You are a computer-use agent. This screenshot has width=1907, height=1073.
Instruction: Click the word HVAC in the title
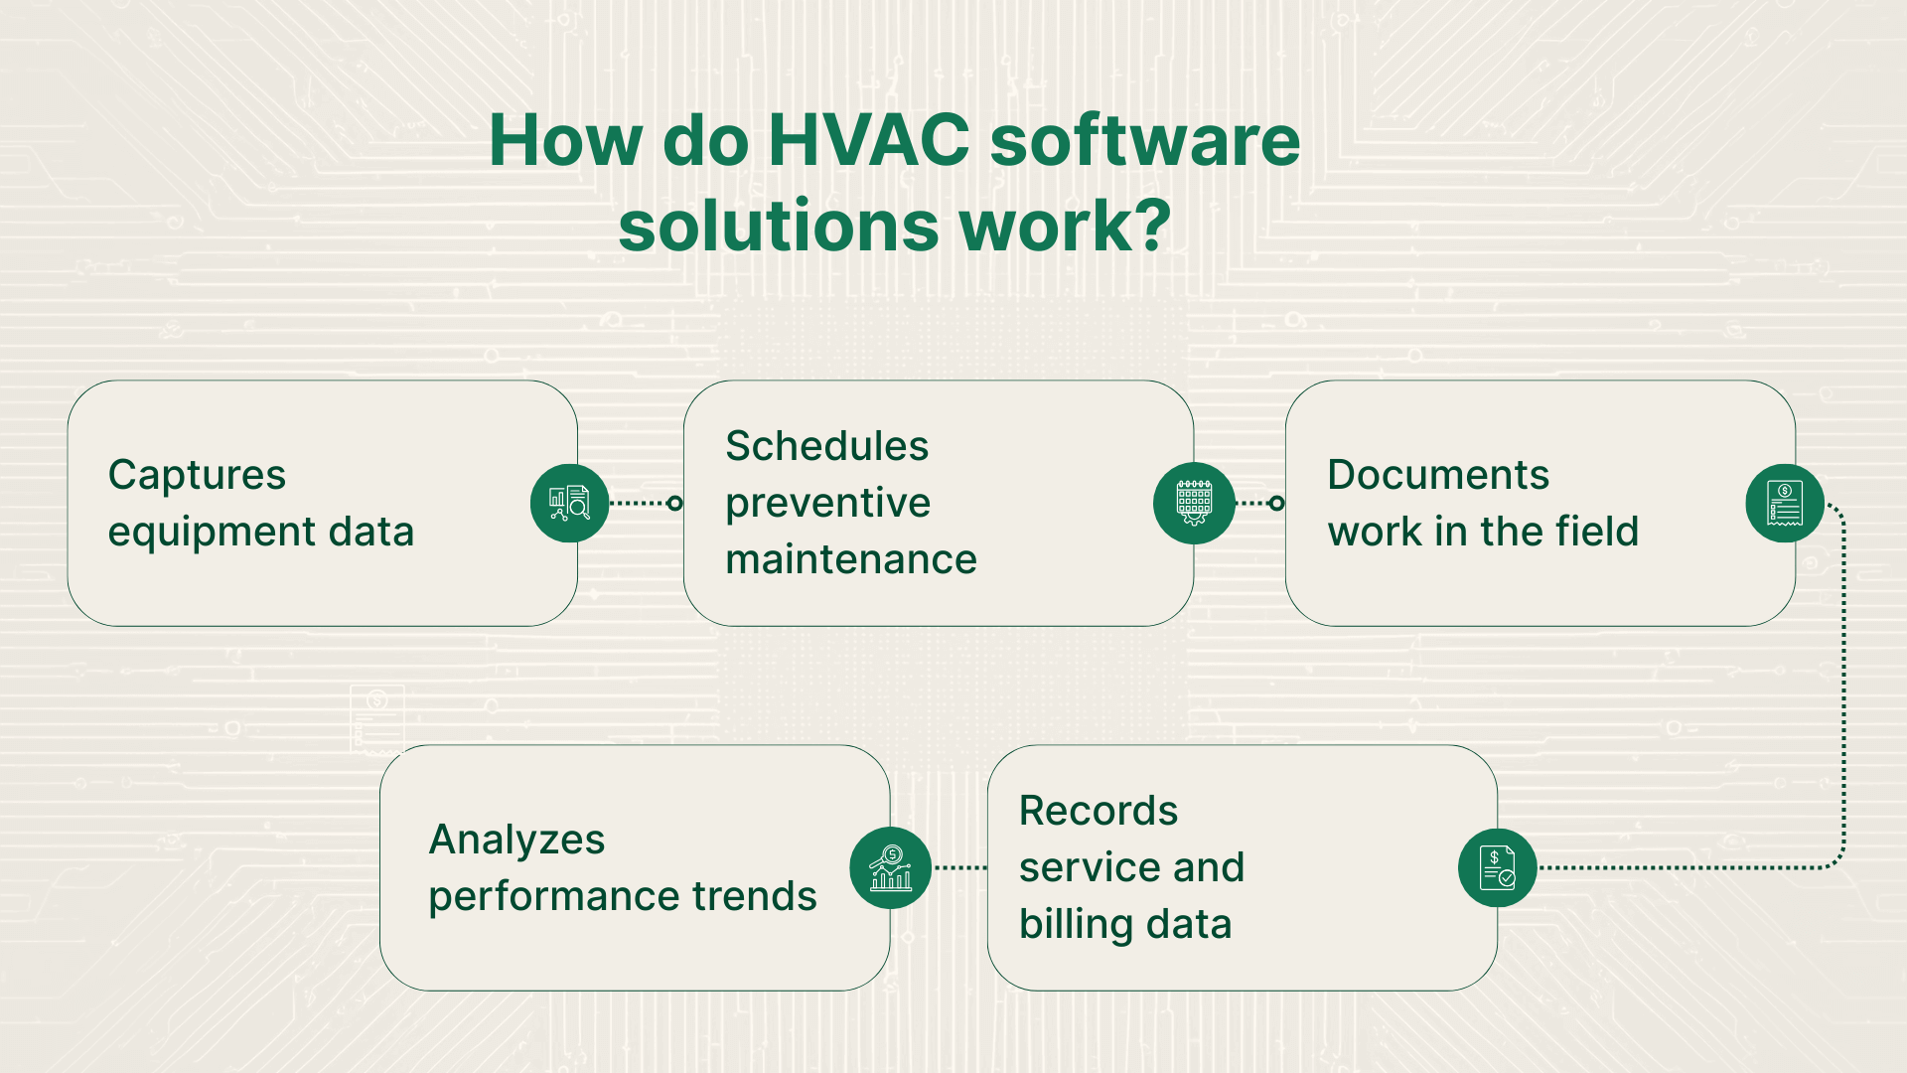pos(868,140)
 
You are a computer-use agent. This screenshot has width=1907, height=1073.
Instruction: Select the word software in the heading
pos(1144,140)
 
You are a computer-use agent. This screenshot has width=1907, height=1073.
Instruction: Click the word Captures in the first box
pos(197,475)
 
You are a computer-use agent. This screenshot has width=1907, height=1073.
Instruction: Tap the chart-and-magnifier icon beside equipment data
pos(569,503)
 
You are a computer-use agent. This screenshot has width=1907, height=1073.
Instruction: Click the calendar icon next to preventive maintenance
pos(1194,503)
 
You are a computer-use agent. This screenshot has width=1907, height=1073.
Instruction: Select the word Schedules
pos(826,446)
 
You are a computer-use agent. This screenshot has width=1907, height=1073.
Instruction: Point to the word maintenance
pos(851,560)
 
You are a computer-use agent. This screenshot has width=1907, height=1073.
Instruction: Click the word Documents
pos(1437,475)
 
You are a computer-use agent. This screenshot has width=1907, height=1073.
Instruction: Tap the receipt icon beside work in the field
pos(1784,503)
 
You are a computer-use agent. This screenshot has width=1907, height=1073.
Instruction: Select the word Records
pos(1098,811)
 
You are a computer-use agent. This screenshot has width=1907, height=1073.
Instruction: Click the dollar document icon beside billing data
pos(1497,867)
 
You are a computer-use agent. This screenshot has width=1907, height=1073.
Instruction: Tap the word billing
pos(1076,925)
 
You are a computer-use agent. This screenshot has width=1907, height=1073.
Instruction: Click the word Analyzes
pos(516,840)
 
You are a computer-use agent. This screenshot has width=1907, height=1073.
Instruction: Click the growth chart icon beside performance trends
pos(890,867)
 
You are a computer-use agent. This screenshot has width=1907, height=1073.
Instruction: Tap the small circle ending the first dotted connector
pos(675,503)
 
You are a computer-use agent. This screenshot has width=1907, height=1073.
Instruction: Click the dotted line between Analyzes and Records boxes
pos(959,867)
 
